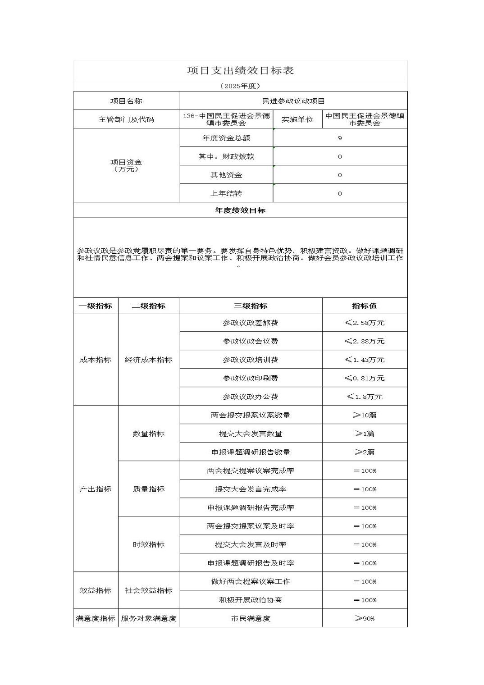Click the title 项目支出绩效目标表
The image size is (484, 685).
(240, 71)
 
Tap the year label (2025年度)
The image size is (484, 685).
(240, 86)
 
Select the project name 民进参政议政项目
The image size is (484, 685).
(293, 101)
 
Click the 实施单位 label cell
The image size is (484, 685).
(297, 119)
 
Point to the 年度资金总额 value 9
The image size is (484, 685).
(340, 138)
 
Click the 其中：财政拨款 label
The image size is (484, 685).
(226, 156)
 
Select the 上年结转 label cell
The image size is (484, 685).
(226, 193)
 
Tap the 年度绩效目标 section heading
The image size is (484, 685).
(240, 210)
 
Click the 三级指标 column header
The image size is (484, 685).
(251, 306)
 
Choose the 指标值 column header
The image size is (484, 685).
(364, 306)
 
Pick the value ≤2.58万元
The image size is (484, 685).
(364, 323)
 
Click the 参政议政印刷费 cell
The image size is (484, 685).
(251, 378)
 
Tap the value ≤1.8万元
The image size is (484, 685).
(364, 397)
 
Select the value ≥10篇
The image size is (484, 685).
(364, 415)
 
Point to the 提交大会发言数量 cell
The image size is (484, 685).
(251, 434)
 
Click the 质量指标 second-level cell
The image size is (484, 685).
(149, 489)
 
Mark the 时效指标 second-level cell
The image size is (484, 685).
(149, 544)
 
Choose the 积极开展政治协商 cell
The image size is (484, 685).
(251, 600)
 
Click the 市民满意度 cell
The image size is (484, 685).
(251, 618)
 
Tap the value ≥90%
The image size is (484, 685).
(364, 618)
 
